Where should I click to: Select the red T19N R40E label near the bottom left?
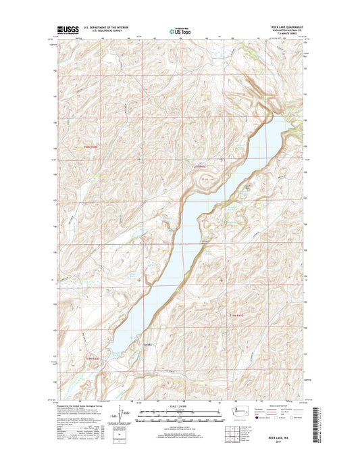tap(93, 357)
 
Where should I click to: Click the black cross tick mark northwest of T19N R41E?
tap(221, 279)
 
